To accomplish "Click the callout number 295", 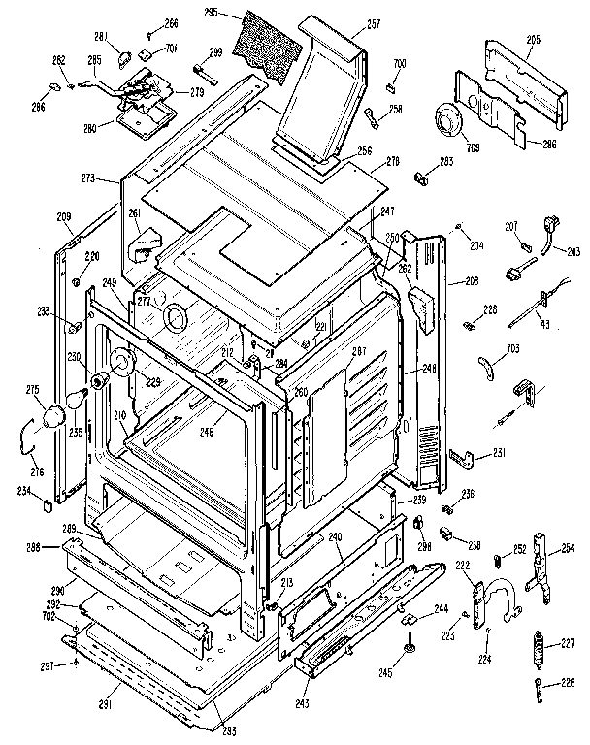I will pyautogui.click(x=228, y=13).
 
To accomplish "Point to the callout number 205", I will pyautogui.click(x=533, y=42).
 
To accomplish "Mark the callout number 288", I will pyautogui.click(x=34, y=549).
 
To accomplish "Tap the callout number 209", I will pyautogui.click(x=64, y=216).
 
